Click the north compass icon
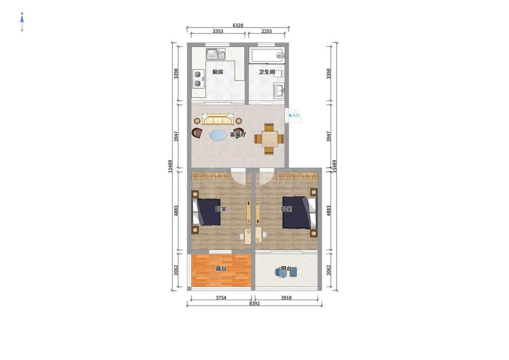[22, 22]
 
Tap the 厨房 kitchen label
[218, 72]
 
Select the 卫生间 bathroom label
[266, 72]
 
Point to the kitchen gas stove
[197, 79]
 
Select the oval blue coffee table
[218, 135]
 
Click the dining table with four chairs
[269, 139]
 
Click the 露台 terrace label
[221, 269]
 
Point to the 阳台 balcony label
[286, 269]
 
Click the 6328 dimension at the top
[238, 25]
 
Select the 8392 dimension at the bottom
[254, 303]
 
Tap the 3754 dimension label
[221, 298]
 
